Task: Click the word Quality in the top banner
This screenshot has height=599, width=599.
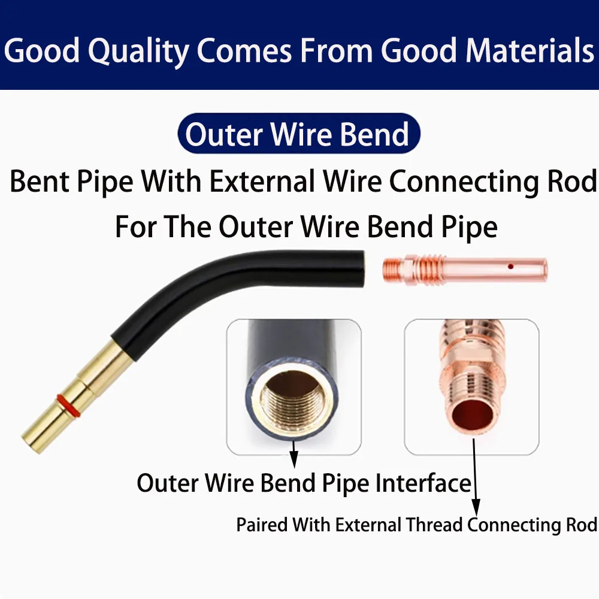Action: pyautogui.click(x=139, y=52)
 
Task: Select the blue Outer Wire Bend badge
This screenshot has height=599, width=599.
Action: pyautogui.click(x=299, y=134)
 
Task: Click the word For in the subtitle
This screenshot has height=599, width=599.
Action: pyautogui.click(x=135, y=227)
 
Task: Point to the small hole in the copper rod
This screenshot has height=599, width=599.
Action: pyautogui.click(x=510, y=267)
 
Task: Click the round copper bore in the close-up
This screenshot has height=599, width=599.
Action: pyautogui.click(x=472, y=416)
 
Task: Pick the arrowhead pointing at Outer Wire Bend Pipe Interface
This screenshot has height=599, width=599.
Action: pyautogui.click(x=294, y=459)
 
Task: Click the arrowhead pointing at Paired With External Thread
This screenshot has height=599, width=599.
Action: pyautogui.click(x=476, y=508)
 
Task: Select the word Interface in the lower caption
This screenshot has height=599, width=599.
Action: pyautogui.click(x=423, y=483)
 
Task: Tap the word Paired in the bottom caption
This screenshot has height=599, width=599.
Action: pyautogui.click(x=262, y=525)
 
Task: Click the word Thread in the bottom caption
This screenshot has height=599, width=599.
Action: pyautogui.click(x=434, y=525)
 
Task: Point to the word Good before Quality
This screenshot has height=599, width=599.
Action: pyautogui.click(x=42, y=50)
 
